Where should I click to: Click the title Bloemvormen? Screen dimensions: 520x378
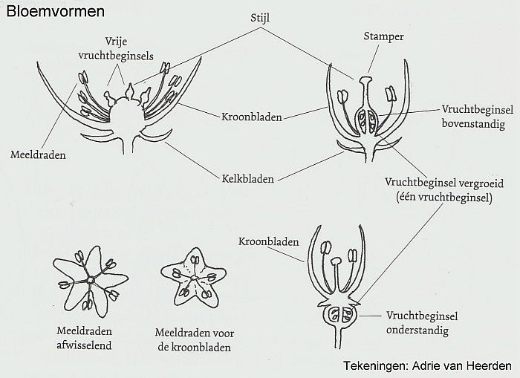pos(56,12)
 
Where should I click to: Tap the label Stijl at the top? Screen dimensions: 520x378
pos(260,18)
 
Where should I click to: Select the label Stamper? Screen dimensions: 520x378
pos(383,36)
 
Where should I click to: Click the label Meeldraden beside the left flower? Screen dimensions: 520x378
pos(38,155)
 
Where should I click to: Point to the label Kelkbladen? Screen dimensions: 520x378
pos(247,179)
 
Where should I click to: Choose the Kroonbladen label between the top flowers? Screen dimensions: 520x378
pos(251,117)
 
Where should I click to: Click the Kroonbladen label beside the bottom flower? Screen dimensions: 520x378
pos(269,241)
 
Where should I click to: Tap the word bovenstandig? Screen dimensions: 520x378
pos(474,125)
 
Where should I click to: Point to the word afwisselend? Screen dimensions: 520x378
pos(84,345)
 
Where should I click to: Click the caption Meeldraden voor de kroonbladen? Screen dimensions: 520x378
pos(195,340)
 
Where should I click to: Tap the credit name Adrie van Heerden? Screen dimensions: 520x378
pos(462,365)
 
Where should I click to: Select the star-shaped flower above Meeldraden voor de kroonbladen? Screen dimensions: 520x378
pos(194,278)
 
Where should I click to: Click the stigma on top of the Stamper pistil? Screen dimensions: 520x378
pos(365,80)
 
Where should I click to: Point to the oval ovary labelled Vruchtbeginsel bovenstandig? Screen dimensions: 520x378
pos(366,121)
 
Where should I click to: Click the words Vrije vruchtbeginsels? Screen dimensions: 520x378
pos(116,48)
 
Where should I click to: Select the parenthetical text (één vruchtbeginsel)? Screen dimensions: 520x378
pos(444,198)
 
